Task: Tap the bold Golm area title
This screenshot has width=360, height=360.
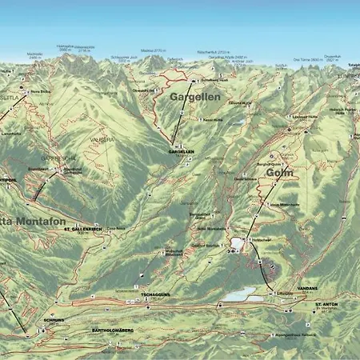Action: pos(278,172)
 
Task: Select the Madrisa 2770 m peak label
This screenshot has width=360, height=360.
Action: pos(152,50)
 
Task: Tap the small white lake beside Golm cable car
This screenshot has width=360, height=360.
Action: pos(238,242)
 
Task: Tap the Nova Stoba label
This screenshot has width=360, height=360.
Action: pos(40,93)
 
